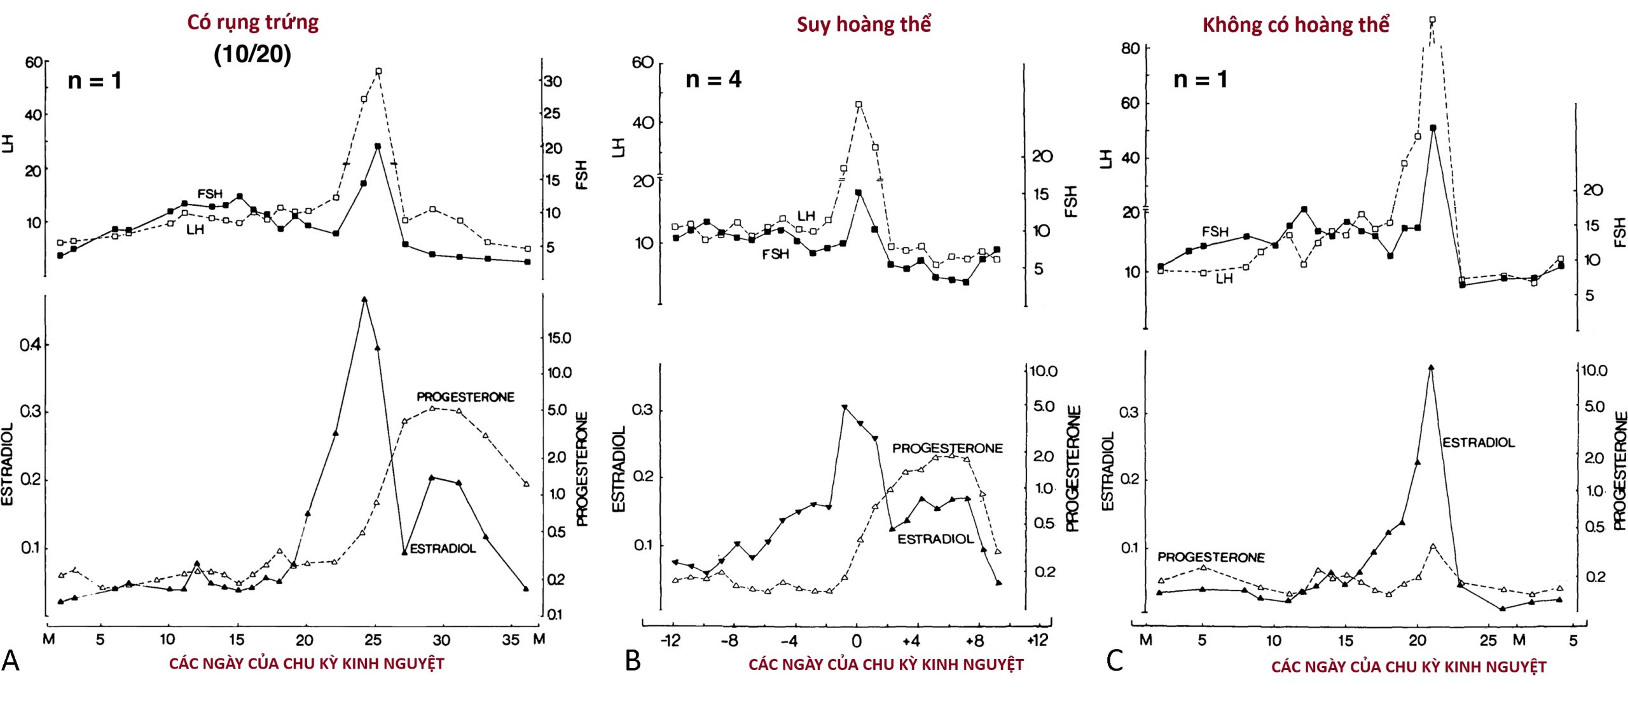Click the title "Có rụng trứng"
click(x=252, y=22)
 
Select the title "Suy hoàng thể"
click(x=863, y=25)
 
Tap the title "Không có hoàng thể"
click(x=1295, y=25)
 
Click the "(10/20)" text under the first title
click(x=252, y=54)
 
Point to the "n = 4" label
click(x=713, y=79)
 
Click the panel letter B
click(x=633, y=661)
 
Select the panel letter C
click(x=1114, y=661)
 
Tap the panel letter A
click(x=10, y=661)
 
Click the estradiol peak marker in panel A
click(x=364, y=299)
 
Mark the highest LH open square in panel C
click(x=1432, y=20)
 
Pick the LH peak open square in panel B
click(x=859, y=104)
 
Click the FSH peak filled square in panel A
click(x=378, y=146)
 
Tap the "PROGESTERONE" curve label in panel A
click(x=465, y=397)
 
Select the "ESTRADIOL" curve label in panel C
click(x=1478, y=442)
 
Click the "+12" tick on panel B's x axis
click(x=1037, y=640)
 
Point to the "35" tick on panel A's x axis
click(x=510, y=640)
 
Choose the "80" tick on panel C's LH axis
click(x=1130, y=49)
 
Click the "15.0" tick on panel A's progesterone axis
click(x=559, y=337)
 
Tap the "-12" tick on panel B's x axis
click(x=670, y=640)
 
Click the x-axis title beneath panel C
click(x=1409, y=667)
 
